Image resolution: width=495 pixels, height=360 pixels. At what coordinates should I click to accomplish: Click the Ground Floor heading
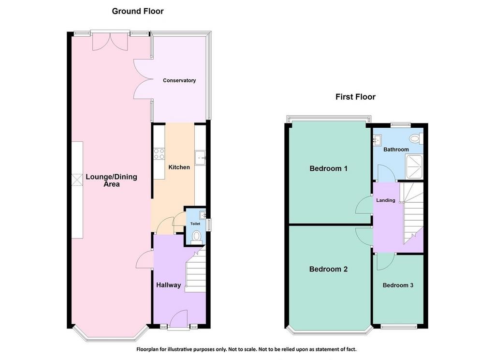point(138,12)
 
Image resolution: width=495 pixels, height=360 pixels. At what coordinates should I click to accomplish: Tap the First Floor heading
point(355,97)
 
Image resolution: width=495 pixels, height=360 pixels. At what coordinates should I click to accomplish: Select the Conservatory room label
point(179,81)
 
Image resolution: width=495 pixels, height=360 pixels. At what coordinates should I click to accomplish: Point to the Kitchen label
point(179,167)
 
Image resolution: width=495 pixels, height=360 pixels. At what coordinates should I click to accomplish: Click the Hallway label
point(169,285)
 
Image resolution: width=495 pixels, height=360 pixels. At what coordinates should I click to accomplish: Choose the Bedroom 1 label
point(328,168)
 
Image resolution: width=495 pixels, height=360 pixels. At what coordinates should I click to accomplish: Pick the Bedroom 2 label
point(328,270)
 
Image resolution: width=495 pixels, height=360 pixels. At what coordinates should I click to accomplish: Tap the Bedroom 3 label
point(398,285)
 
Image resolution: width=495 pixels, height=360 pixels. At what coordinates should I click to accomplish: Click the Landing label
point(385,200)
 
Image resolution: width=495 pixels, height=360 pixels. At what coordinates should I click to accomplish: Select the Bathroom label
point(396,150)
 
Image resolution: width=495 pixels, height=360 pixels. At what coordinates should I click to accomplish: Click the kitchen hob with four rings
point(159,154)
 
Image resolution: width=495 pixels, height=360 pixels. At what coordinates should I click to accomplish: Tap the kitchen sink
point(200,158)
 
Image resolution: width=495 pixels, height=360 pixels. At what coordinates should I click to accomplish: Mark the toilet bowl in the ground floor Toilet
point(197,238)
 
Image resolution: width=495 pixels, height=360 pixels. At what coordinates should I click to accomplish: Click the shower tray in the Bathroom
point(414,166)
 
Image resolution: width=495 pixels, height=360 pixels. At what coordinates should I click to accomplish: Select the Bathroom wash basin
point(377,140)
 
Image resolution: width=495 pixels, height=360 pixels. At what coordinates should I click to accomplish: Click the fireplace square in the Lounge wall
point(77,180)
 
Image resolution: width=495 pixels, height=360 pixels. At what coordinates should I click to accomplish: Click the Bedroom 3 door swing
point(386,262)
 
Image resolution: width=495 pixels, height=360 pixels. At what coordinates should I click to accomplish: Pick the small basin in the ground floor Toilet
point(202,215)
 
